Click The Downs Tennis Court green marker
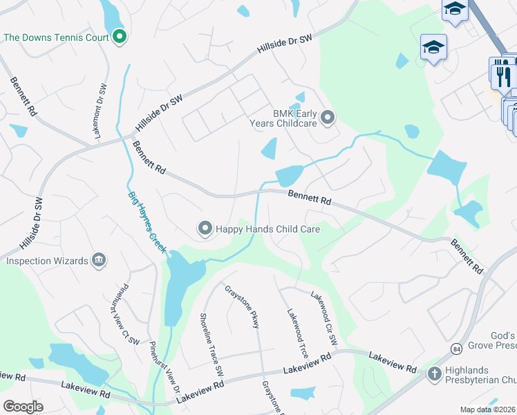coord(119,37)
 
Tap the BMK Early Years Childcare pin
coord(328,118)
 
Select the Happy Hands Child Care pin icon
coord(205,228)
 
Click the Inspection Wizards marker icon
coord(99,261)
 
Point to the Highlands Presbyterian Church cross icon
coord(434,374)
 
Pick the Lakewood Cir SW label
coord(323,317)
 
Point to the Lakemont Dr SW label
coord(100,111)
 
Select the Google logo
coord(23,406)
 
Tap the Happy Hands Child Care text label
coord(268,228)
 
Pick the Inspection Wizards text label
coord(47,261)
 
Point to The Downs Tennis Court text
coord(57,37)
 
